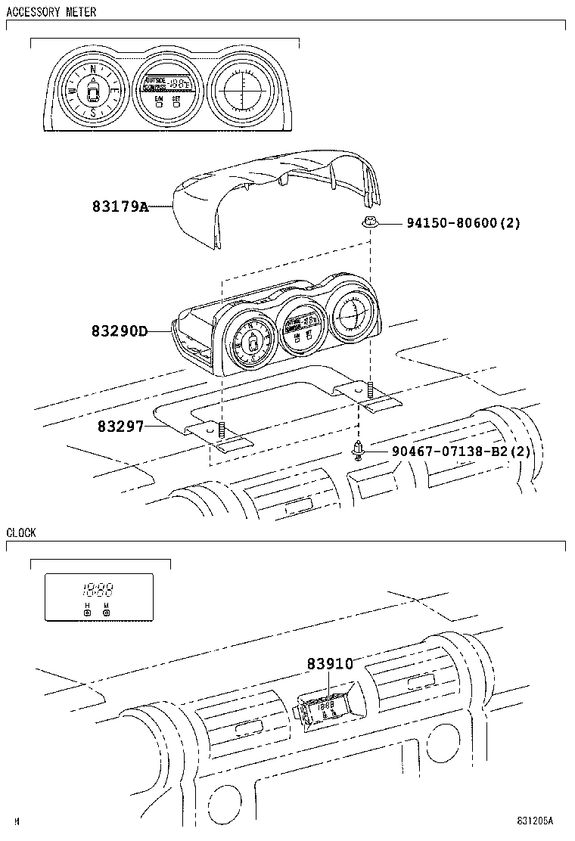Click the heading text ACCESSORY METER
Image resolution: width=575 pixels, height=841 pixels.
pyautogui.click(x=51, y=12)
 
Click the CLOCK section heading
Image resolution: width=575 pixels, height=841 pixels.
pyautogui.click(x=21, y=532)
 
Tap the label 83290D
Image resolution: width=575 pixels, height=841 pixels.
pyautogui.click(x=120, y=331)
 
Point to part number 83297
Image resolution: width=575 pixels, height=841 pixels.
pyautogui.click(x=120, y=427)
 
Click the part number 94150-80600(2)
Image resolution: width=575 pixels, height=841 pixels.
pyautogui.click(x=463, y=223)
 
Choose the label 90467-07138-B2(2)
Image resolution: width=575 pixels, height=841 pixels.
pyautogui.click(x=462, y=452)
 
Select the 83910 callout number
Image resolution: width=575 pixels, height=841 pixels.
pyautogui.click(x=330, y=663)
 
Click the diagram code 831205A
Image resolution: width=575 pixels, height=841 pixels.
pyautogui.click(x=535, y=821)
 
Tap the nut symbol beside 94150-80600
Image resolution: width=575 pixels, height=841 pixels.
pyautogui.click(x=369, y=222)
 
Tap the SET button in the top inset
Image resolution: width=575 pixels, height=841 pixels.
pyautogui.click(x=176, y=101)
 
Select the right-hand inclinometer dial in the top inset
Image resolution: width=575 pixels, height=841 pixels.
pyautogui.click(x=244, y=91)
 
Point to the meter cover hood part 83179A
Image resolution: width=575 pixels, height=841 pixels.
pyautogui.click(x=265, y=189)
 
